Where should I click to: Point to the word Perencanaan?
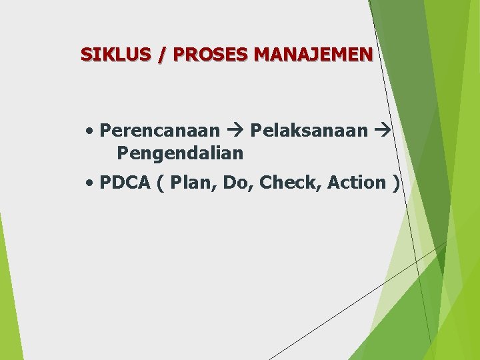(159, 130)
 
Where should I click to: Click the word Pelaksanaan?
(309, 130)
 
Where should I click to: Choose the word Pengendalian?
(180, 153)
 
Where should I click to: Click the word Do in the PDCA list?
(234, 182)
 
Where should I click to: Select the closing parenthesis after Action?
(396, 183)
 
